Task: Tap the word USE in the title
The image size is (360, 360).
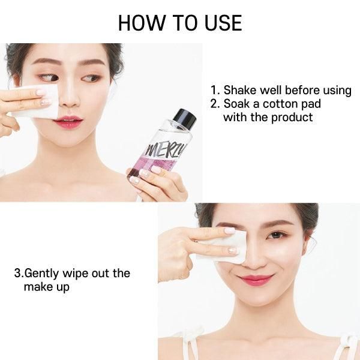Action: point(223,23)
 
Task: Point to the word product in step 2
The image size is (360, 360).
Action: point(292,118)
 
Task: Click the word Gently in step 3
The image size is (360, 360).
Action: point(41,274)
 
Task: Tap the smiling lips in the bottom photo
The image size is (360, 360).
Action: point(256,280)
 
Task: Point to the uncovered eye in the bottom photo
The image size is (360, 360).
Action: point(277,235)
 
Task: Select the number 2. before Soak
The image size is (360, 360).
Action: point(215,104)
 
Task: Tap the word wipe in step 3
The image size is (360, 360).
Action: point(76,274)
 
